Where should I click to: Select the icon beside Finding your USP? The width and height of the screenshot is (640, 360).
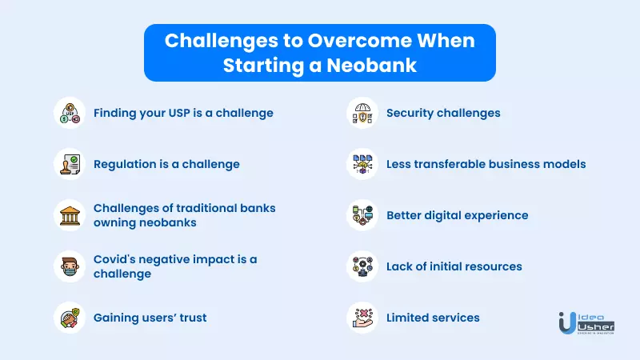(x=70, y=113)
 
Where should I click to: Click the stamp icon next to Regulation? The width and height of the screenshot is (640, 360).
(x=70, y=164)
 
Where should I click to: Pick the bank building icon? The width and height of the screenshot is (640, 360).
(x=70, y=215)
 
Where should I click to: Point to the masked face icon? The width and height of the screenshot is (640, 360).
(x=70, y=266)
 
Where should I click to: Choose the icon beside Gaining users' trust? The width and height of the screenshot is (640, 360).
(x=70, y=318)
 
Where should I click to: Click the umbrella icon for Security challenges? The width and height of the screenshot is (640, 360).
(x=362, y=113)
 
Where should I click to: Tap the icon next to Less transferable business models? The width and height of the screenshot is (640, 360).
(x=362, y=164)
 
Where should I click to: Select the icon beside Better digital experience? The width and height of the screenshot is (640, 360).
(x=362, y=215)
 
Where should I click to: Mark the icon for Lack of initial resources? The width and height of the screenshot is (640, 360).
(x=362, y=266)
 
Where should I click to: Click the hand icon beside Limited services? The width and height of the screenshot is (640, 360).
(x=362, y=318)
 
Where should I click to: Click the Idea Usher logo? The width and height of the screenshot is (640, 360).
(x=586, y=323)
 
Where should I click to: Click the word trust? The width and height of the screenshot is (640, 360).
(x=194, y=318)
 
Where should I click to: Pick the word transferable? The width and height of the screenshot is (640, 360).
(x=446, y=164)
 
